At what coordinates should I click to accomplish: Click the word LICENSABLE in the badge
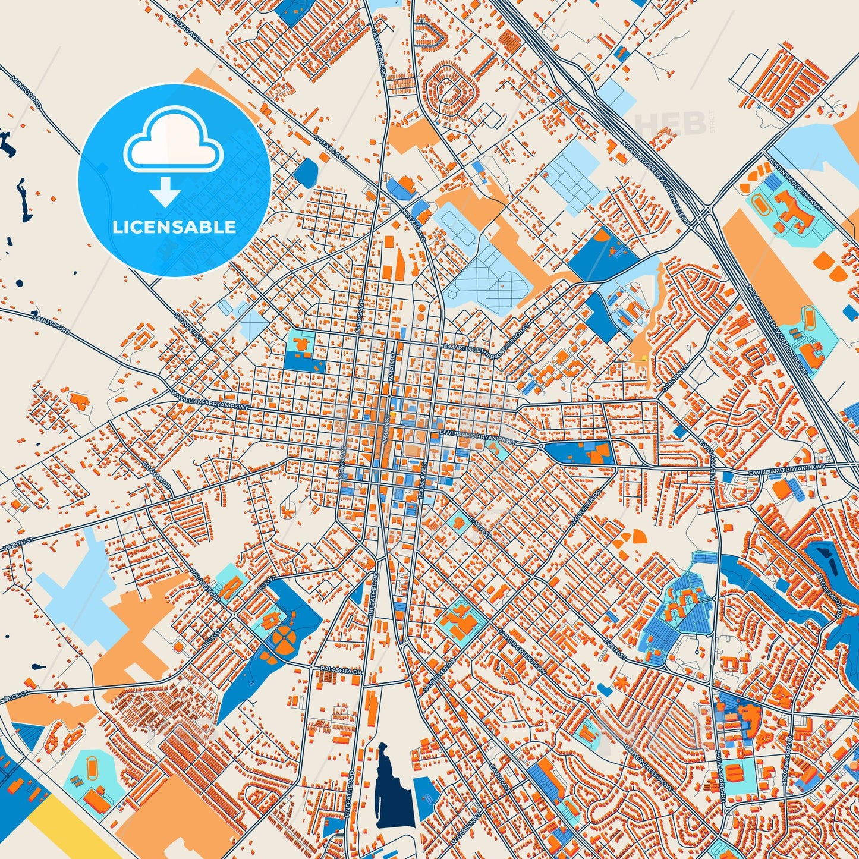point(174,226)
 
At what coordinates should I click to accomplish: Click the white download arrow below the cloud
point(166,192)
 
